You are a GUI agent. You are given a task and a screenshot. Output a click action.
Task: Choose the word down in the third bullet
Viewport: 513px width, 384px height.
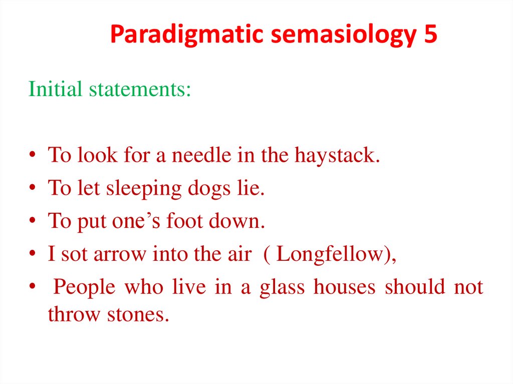coord(243,221)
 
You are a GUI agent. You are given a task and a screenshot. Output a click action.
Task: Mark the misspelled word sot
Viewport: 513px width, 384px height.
coord(72,254)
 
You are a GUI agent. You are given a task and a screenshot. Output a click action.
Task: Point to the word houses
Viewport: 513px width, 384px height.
coord(345,286)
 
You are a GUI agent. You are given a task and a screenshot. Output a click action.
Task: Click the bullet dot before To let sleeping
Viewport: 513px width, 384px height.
coord(32,188)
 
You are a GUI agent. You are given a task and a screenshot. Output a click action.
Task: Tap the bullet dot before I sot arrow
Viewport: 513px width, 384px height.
coord(32,254)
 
